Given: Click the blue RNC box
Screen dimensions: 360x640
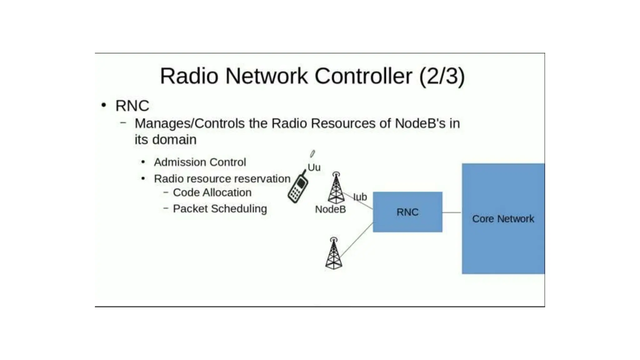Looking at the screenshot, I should (407, 212).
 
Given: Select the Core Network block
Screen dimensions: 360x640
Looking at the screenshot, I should (503, 218).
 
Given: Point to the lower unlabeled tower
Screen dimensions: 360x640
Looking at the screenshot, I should (333, 254).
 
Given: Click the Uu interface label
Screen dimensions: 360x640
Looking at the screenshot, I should (314, 167).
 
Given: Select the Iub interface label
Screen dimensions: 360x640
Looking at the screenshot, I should (360, 197).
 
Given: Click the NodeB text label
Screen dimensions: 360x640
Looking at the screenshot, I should (330, 209).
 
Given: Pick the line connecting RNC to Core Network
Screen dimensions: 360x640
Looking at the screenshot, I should (452, 212).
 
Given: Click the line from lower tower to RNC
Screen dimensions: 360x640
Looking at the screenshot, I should (356, 240).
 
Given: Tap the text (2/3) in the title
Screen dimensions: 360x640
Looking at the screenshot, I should (442, 76).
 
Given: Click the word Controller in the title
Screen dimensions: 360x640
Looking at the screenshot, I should (363, 76).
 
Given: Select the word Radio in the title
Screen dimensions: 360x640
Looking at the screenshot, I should (189, 76).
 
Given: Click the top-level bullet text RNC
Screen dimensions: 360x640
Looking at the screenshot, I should (132, 106).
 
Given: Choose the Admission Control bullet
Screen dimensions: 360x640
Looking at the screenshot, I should (200, 162).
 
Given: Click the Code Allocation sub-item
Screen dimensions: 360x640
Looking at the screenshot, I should (212, 192).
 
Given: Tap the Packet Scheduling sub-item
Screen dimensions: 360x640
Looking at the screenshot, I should (220, 209).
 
